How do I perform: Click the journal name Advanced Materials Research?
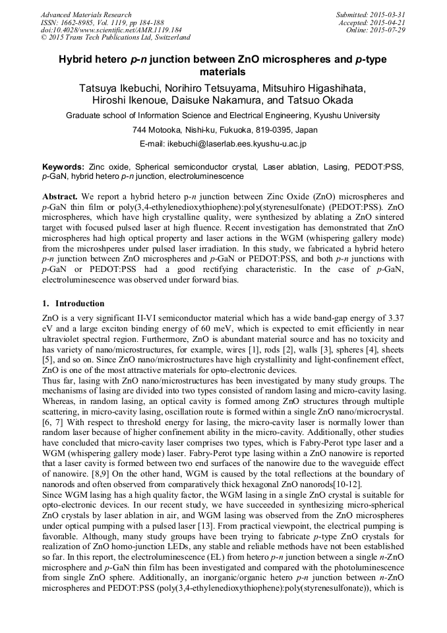point(86,15)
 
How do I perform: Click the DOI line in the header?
point(111,30)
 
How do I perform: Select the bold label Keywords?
point(63,168)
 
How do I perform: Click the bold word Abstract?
point(60,197)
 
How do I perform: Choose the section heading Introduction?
point(79,304)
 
